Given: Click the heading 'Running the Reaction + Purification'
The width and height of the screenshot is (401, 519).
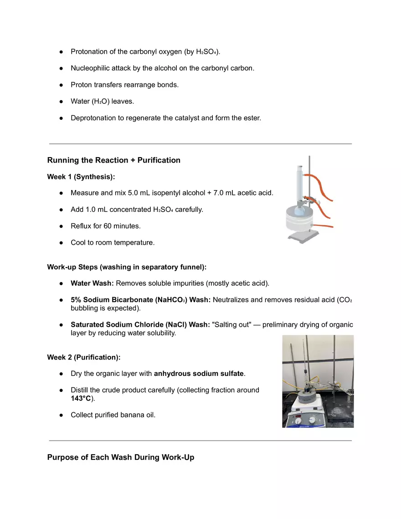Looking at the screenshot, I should pos(114,160).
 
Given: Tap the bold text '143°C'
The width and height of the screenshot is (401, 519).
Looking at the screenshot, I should pos(81,399).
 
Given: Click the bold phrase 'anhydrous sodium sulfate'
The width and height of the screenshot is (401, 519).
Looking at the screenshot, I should pos(199,374).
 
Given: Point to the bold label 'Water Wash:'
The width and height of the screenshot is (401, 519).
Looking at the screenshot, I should pos(92,283).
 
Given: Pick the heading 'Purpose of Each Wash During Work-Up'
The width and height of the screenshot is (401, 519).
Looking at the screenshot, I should pos(121,457).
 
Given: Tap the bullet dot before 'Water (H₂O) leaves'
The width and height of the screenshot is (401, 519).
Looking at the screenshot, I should pos(61,102).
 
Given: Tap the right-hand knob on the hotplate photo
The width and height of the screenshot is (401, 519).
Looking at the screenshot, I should pos(312,420).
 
